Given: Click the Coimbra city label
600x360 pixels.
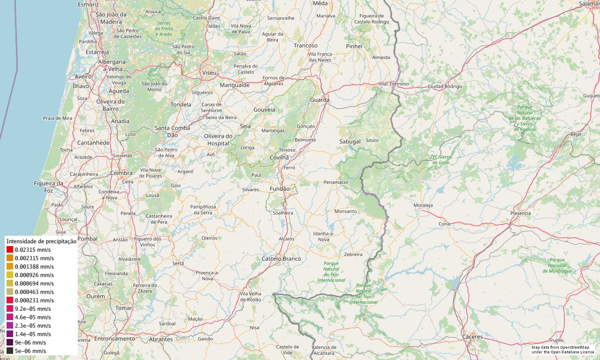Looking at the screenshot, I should click(x=121, y=173).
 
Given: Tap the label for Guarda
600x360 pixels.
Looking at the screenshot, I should click(x=320, y=100).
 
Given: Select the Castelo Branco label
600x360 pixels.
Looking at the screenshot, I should click(x=281, y=259).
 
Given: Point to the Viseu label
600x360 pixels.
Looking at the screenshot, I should click(x=209, y=73).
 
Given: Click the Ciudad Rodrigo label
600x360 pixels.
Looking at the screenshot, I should click(x=445, y=86).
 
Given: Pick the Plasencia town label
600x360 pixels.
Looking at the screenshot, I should click(x=520, y=213).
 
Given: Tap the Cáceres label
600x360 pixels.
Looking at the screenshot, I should click(x=472, y=337).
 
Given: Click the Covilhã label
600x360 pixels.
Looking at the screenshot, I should click(x=279, y=157).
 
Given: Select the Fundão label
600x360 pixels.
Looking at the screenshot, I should click(x=280, y=188).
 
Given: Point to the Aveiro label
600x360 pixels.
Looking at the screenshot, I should click(x=83, y=76).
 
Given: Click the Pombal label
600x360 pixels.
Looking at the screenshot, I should click(x=87, y=239).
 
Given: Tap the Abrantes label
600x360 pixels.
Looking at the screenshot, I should click(x=161, y=339).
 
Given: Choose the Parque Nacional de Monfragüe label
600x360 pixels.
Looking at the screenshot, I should click(x=557, y=265).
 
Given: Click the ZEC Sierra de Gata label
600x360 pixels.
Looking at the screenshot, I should click(x=440, y=159).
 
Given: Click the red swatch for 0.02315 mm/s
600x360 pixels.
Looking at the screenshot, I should click(x=10, y=250).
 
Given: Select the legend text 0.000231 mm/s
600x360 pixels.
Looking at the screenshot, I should click(x=34, y=300).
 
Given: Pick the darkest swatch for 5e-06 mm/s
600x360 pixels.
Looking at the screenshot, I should click(x=10, y=351).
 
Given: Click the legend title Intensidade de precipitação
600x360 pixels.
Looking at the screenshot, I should click(x=41, y=241).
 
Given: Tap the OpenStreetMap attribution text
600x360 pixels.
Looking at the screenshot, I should click(x=563, y=349).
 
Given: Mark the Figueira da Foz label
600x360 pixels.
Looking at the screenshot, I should click(x=49, y=187).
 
